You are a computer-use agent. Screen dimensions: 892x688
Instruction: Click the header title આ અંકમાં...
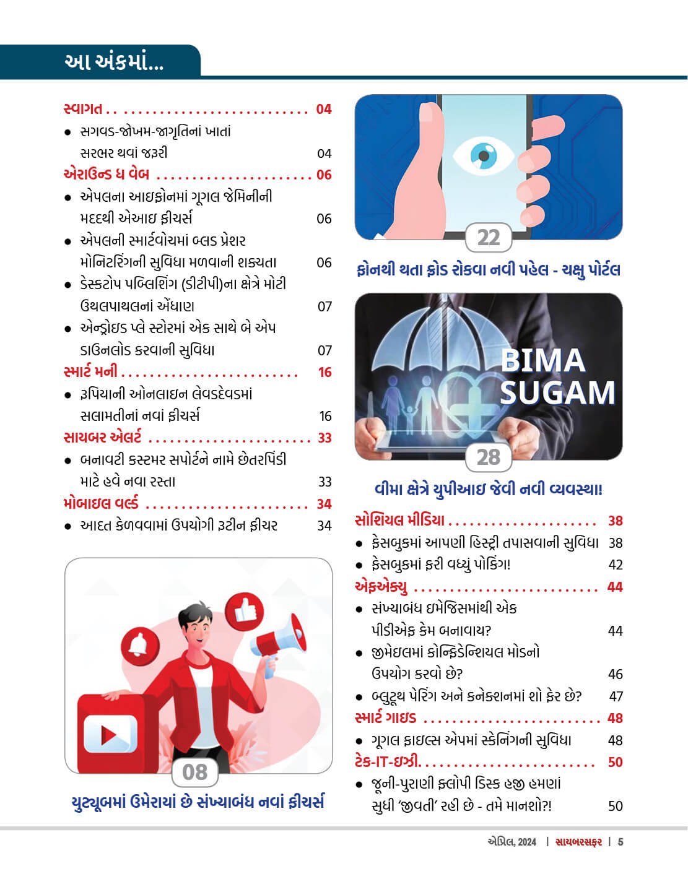pyautogui.click(x=113, y=63)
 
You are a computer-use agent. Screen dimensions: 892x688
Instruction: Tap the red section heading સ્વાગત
pyautogui.click(x=83, y=110)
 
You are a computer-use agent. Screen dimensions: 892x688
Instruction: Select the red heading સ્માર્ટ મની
pyautogui.click(x=90, y=372)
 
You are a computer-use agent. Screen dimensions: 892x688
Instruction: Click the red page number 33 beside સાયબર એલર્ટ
pyautogui.click(x=324, y=438)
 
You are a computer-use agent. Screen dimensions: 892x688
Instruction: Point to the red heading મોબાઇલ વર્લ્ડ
pyautogui.click(x=101, y=503)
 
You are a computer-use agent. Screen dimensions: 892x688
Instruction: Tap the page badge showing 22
pyautogui.click(x=489, y=238)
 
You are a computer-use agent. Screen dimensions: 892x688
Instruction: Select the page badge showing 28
pyautogui.click(x=489, y=457)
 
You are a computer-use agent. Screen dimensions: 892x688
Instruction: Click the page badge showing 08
pyautogui.click(x=195, y=772)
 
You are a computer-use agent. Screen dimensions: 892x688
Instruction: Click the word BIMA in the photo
pyautogui.click(x=542, y=361)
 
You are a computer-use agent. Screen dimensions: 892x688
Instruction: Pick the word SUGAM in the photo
pyautogui.click(x=557, y=393)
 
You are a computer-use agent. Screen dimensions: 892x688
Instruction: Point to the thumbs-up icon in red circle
pyautogui.click(x=245, y=611)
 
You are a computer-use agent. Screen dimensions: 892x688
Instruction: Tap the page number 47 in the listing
pyautogui.click(x=616, y=696)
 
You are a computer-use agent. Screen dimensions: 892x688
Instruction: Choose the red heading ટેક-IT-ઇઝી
pyautogui.click(x=387, y=761)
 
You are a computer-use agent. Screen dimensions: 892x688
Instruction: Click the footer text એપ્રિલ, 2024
pyautogui.click(x=512, y=842)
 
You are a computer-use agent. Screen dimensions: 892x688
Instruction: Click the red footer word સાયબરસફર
pyautogui.click(x=578, y=842)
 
